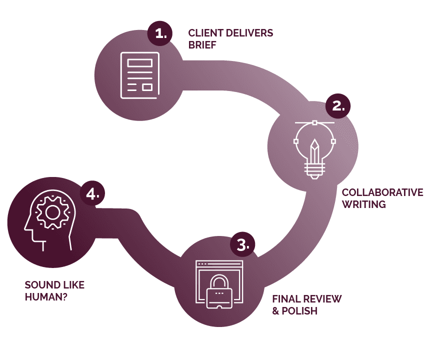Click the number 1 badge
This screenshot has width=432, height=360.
click(160, 34)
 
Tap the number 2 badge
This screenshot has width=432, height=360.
click(338, 106)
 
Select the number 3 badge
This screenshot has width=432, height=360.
click(242, 244)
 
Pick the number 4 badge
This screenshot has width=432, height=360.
click(93, 193)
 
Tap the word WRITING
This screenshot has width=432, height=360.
click(363, 204)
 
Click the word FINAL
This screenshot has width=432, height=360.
click(286, 299)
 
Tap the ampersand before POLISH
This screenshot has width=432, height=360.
click(276, 311)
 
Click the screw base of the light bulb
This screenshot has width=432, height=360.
click(314, 173)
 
